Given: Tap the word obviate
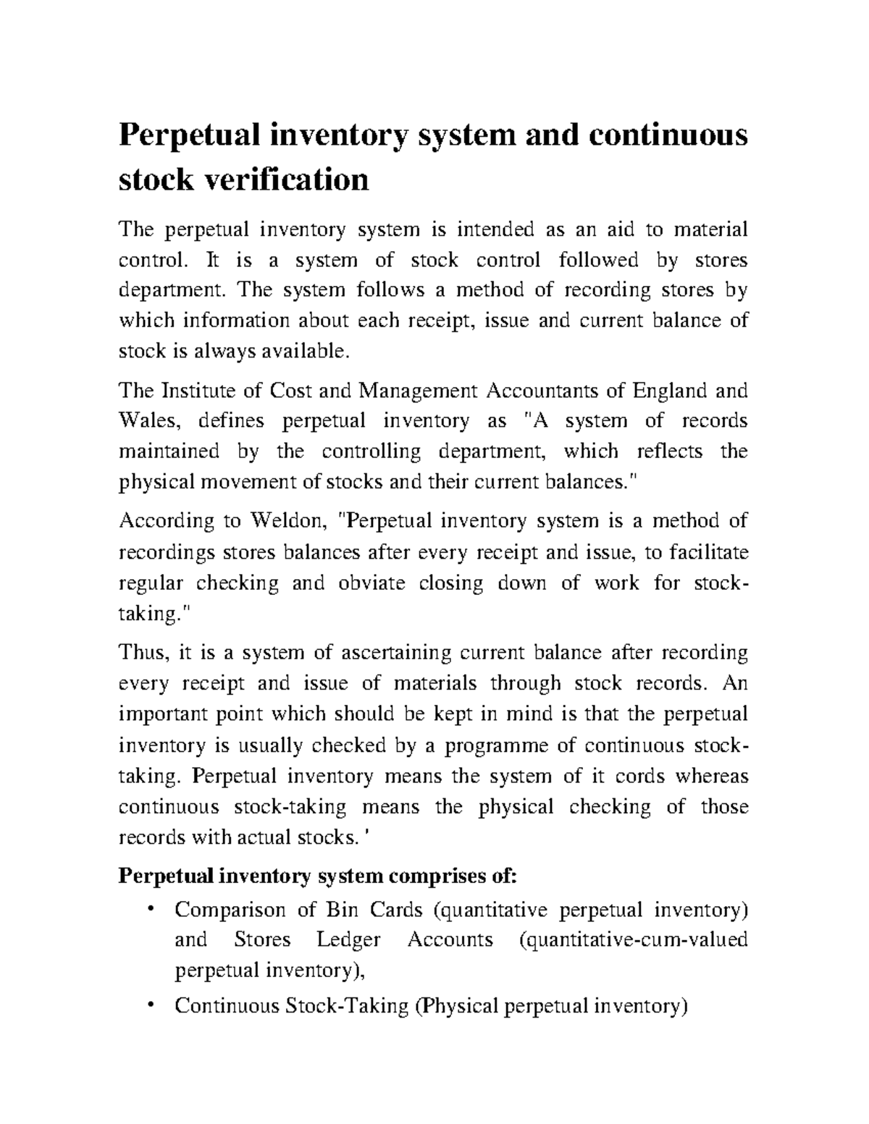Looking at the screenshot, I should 371,583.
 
